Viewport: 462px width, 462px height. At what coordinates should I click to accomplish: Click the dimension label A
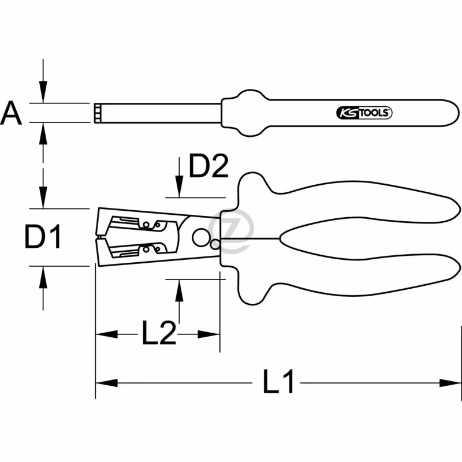tap(11, 113)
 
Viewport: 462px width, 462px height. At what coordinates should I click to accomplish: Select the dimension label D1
tap(43, 236)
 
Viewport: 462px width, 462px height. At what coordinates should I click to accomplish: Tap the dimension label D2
tap(208, 166)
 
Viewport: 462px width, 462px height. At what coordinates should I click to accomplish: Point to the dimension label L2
tap(159, 333)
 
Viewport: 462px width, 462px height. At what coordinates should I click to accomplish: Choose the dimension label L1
tap(278, 382)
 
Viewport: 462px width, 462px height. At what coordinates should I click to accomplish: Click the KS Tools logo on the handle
tap(364, 113)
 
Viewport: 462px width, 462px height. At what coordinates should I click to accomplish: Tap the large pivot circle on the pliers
tap(201, 237)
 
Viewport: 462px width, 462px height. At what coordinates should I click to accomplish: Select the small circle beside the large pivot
tap(215, 244)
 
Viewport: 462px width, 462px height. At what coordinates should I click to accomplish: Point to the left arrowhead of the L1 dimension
tap(107, 383)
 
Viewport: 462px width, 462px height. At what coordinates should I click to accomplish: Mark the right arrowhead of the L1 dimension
tap(450, 383)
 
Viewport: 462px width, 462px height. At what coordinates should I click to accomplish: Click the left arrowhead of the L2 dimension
tap(107, 334)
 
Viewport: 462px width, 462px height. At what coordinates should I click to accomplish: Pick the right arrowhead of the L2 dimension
tap(208, 334)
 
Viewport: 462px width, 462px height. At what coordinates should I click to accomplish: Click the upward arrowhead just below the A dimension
tap(43, 133)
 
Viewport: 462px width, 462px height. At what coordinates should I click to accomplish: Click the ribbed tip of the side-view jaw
tap(97, 113)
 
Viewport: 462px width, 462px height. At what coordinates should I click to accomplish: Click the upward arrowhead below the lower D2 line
tap(179, 290)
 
